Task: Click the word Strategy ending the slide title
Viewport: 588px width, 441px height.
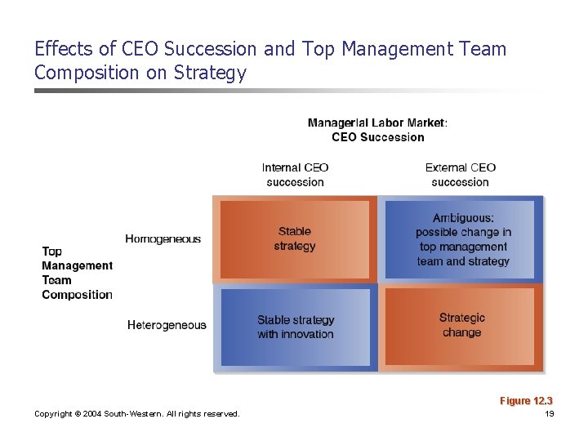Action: (x=211, y=73)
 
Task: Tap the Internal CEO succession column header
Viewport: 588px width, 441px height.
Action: (x=295, y=175)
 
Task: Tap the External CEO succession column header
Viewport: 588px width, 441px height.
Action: (x=460, y=175)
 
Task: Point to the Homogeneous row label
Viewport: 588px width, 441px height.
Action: (x=163, y=239)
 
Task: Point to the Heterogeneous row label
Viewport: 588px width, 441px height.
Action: (x=167, y=325)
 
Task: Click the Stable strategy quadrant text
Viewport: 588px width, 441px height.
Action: (x=295, y=238)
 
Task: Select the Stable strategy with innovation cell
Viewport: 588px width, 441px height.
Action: (x=296, y=327)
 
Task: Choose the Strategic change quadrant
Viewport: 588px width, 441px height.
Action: (x=461, y=325)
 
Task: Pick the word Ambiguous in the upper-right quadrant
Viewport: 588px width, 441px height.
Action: (x=463, y=218)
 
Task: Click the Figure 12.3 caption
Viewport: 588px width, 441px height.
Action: (x=526, y=401)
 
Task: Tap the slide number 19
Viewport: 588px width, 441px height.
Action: (x=549, y=414)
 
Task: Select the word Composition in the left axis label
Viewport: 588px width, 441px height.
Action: (x=77, y=295)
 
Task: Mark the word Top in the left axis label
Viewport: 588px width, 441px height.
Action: (x=51, y=252)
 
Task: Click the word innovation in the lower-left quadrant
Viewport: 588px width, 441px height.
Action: (x=307, y=334)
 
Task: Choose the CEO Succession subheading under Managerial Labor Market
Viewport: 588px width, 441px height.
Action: (x=377, y=137)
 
